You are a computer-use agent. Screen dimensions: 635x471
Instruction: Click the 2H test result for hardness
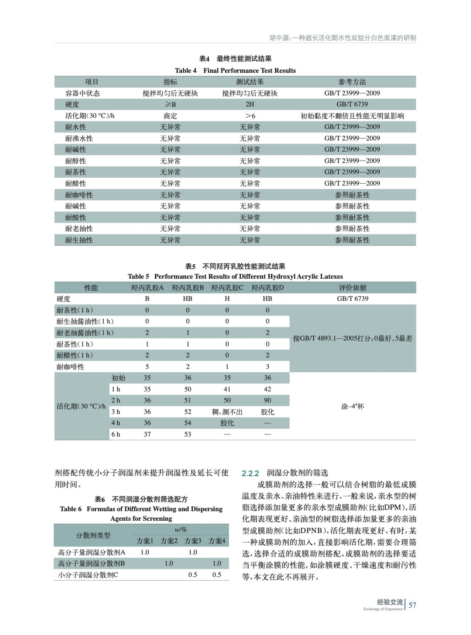(250, 104)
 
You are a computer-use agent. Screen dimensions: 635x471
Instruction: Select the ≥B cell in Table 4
(170, 104)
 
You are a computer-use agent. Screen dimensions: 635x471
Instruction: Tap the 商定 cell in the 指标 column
(170, 116)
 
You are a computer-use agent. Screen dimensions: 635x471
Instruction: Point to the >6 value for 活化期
(250, 116)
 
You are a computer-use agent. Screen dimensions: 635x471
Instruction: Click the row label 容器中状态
(83, 93)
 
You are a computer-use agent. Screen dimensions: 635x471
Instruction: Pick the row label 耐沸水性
(79, 139)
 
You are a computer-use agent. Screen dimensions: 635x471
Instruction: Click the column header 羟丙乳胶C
(227, 288)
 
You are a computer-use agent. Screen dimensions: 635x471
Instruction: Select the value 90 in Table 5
(267, 400)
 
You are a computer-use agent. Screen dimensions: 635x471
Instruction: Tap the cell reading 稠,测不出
(227, 412)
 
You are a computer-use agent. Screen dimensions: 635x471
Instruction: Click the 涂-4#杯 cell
(352, 406)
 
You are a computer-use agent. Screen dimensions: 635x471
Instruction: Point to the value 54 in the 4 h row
(188, 423)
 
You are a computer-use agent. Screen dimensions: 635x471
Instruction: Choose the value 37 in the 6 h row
(147, 435)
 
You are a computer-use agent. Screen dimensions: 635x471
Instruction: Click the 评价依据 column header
(352, 288)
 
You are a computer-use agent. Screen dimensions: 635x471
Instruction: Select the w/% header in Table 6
(181, 530)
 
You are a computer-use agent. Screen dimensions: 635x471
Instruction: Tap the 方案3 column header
(193, 541)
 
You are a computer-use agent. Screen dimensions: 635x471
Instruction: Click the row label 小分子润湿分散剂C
(88, 575)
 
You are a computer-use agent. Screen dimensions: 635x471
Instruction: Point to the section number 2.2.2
(250, 473)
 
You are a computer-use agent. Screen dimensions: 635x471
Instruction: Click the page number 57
(412, 605)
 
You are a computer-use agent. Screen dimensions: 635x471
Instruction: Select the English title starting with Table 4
(235, 71)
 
